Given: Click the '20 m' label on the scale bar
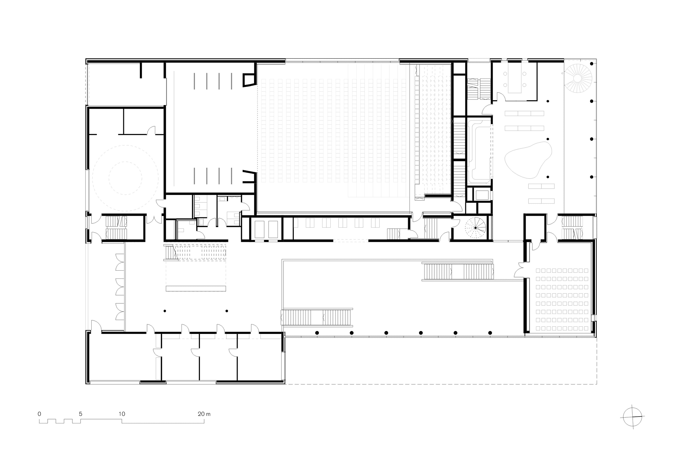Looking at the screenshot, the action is click(204, 414).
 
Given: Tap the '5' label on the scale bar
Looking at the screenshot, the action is click(81, 414).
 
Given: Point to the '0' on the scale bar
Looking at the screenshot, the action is click(39, 414).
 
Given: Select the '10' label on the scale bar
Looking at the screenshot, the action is click(122, 414).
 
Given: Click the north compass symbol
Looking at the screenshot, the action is click(633, 417).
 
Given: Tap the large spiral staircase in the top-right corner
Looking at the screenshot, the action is click(579, 78).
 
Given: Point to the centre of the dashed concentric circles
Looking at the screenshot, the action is click(125, 178).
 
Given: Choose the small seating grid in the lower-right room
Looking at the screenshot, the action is click(562, 299).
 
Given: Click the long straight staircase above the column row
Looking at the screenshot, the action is click(317, 317).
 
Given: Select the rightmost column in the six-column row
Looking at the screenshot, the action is click(490, 333).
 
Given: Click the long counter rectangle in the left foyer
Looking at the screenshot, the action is click(196, 288).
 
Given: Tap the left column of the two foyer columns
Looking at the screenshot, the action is click(165, 311).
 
